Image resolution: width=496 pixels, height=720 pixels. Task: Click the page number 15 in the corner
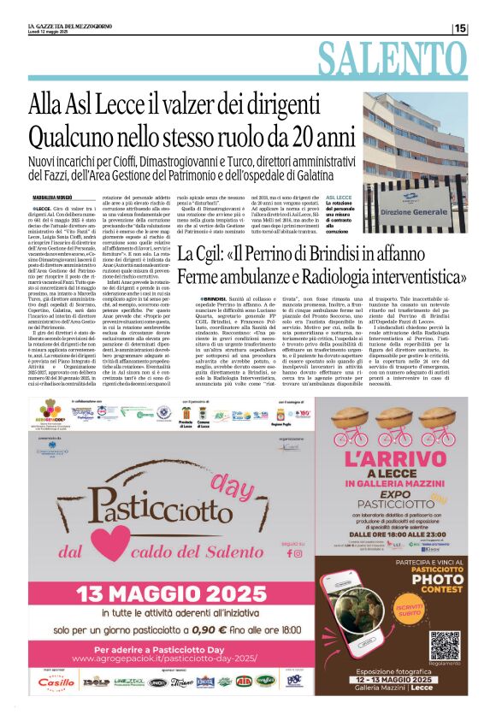click(460, 28)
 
